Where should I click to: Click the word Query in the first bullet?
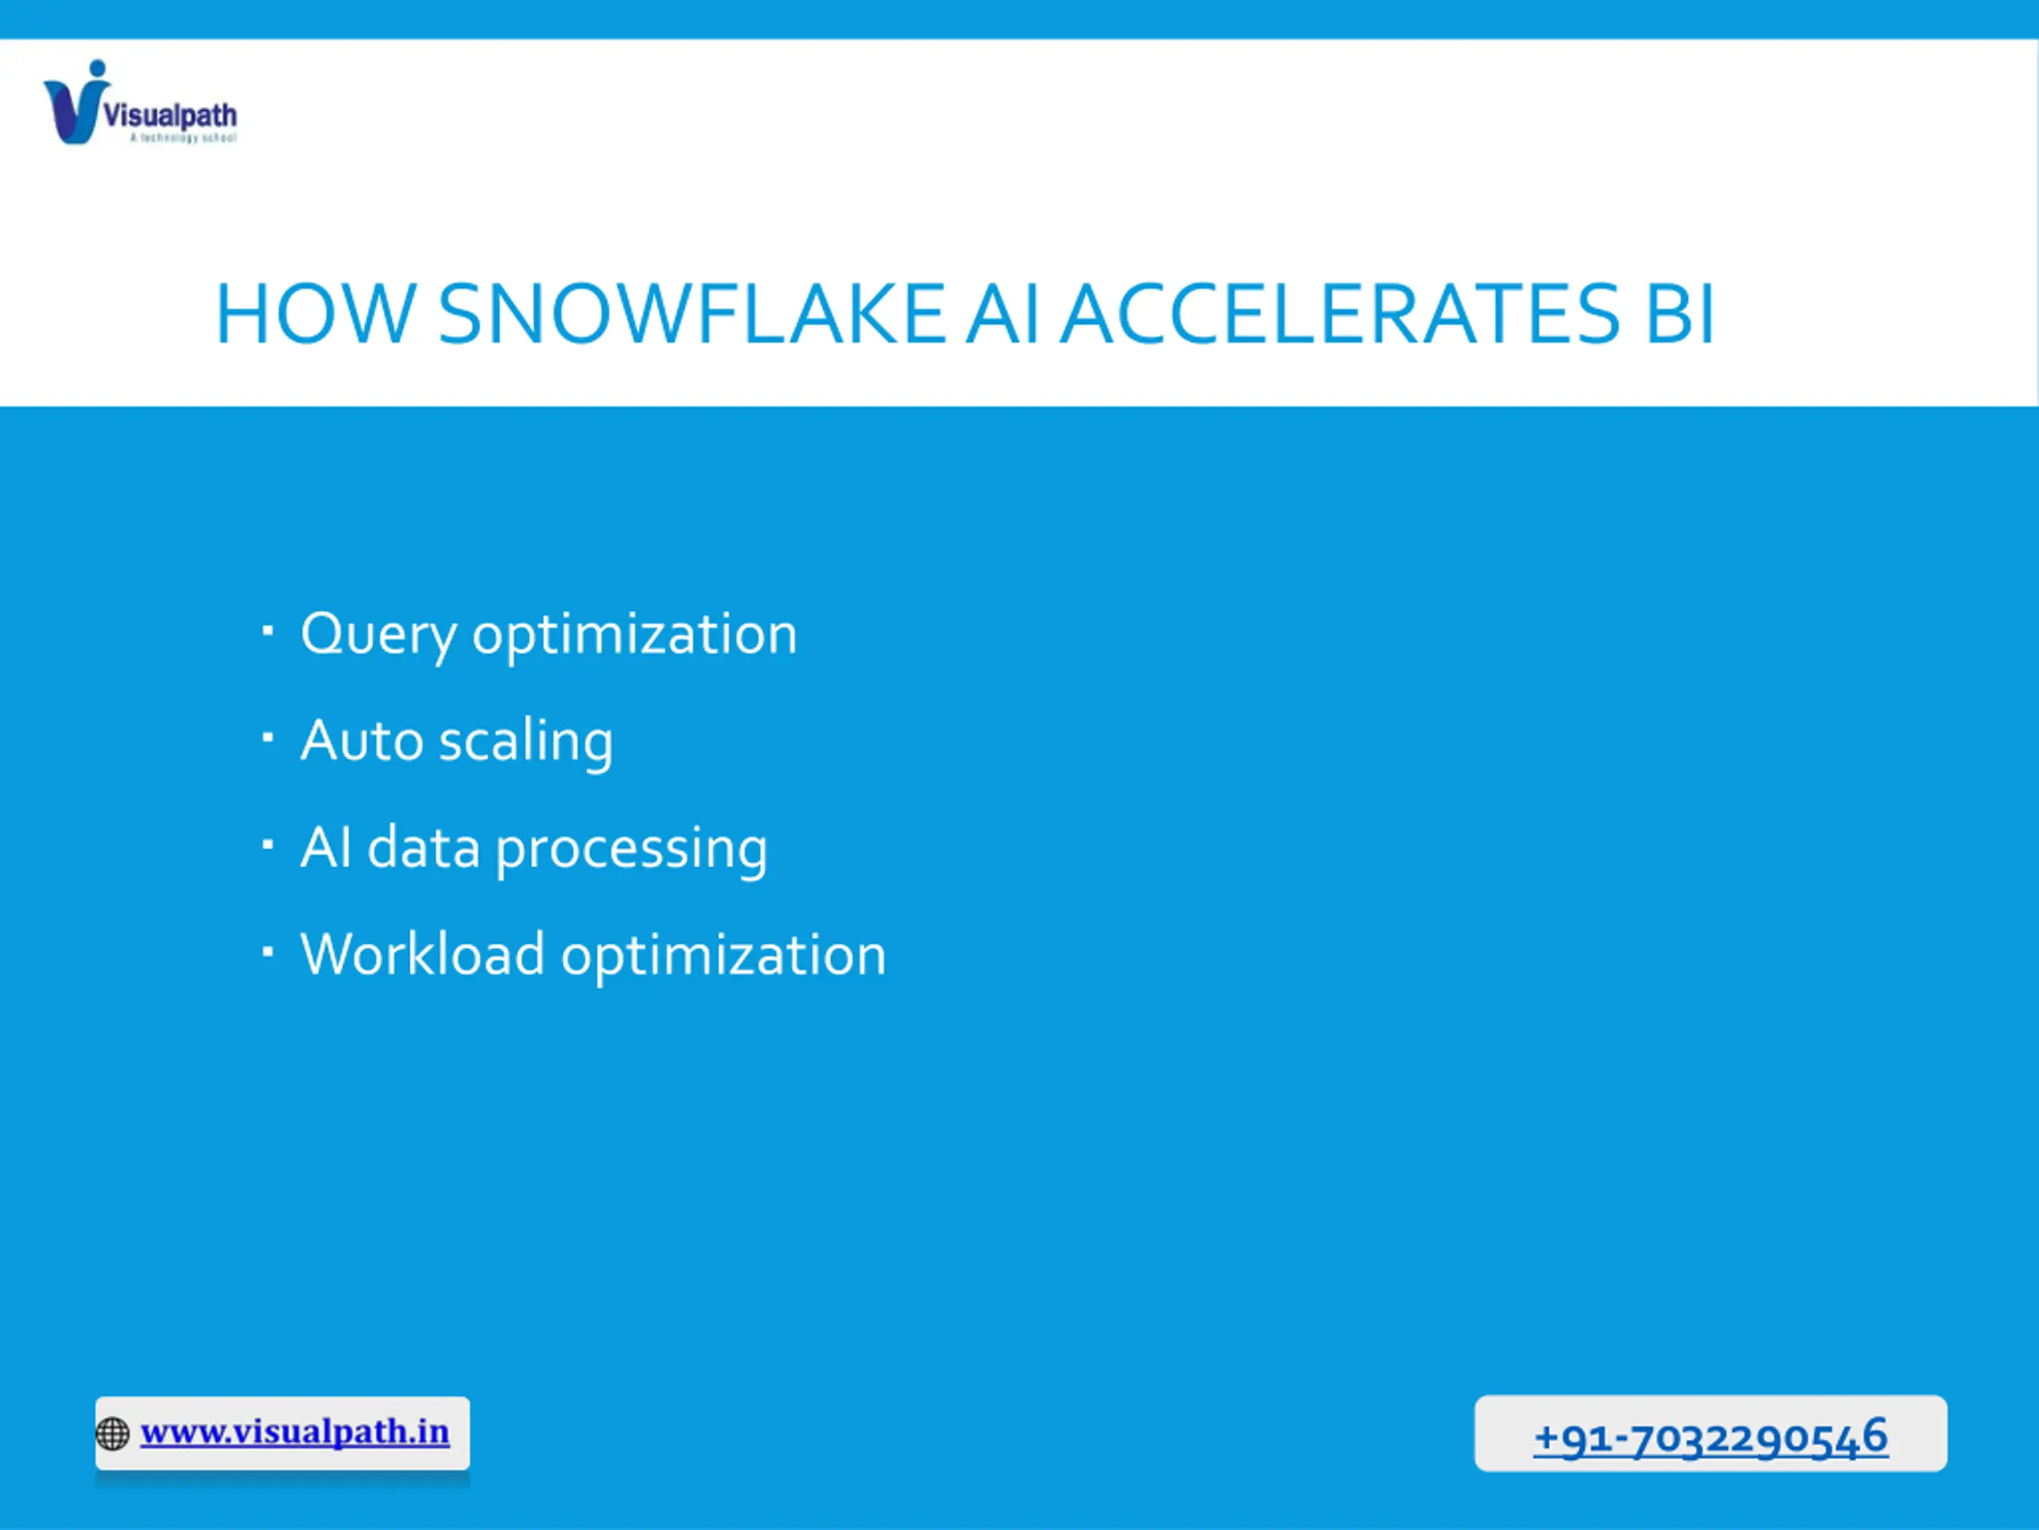[378, 637]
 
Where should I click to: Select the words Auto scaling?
[456, 741]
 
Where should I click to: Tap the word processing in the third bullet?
[632, 849]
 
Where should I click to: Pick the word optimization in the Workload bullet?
[723, 955]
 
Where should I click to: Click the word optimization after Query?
[634, 637]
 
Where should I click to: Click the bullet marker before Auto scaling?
[268, 737]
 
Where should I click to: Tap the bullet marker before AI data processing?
[268, 844]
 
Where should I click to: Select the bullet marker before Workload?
[268, 951]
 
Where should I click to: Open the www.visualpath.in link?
[295, 1432]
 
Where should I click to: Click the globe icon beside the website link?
[112, 1434]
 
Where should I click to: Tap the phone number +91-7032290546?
[1711, 1437]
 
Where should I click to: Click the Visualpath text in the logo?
[170, 116]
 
